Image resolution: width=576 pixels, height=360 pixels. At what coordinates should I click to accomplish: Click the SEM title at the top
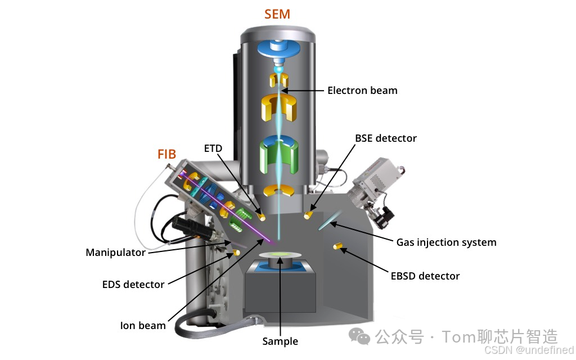tap(277, 14)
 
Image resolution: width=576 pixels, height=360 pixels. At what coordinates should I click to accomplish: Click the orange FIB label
tap(166, 154)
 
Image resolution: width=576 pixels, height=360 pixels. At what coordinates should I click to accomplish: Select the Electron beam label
tap(362, 90)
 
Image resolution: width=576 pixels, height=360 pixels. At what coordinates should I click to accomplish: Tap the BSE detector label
tap(385, 138)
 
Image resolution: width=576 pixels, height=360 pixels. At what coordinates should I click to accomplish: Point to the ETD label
tap(213, 148)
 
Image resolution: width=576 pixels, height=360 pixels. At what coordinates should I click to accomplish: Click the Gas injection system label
tap(446, 242)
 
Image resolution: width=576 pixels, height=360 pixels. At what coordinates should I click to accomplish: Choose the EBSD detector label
tap(425, 276)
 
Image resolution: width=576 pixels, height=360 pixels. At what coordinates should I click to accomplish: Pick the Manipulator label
tap(115, 253)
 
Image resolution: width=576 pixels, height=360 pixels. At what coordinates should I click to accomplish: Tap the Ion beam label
tap(143, 325)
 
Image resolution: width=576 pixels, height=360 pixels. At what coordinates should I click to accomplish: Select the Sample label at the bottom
tap(280, 341)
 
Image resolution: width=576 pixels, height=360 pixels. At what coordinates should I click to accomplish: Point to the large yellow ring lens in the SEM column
tap(278, 107)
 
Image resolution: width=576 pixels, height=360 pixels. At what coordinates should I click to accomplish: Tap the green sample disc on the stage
tap(280, 256)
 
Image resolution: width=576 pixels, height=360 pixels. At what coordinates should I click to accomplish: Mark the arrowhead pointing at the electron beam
tap(285, 90)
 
